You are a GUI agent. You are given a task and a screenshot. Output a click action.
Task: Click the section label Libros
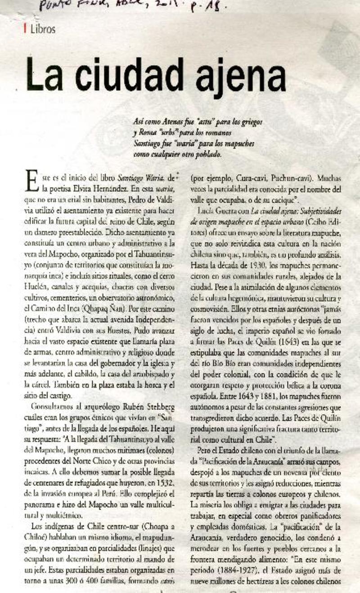(43, 30)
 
